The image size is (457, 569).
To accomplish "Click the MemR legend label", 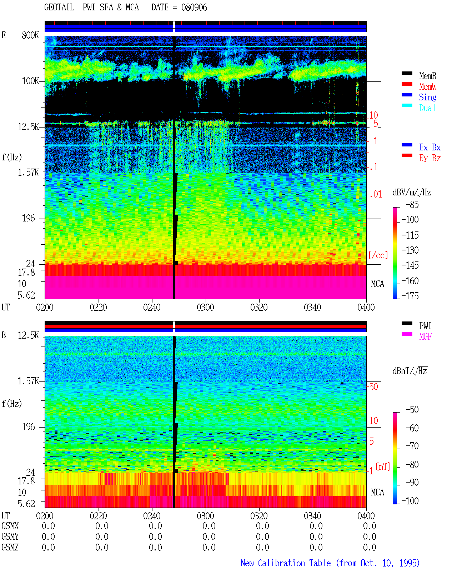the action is (427, 76).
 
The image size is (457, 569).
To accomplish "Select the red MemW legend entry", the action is (427, 86).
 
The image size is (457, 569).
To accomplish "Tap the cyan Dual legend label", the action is (427, 108).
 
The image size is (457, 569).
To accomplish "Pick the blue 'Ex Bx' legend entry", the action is (430, 147).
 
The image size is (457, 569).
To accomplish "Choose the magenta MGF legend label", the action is (425, 336).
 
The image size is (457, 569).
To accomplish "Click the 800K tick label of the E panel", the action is (30, 35).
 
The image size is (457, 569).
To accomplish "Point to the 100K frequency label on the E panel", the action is (30, 81).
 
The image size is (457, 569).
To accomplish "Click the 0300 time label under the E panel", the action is (205, 307).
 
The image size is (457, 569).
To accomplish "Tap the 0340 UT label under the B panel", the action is (312, 515).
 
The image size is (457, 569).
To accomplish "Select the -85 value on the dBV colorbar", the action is (412, 204).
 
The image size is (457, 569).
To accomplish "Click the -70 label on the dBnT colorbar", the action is (412, 446).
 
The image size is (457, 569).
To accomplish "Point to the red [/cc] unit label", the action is (378, 255).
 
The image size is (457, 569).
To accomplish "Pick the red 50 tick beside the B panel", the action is (373, 386).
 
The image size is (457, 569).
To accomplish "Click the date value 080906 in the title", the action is (194, 8).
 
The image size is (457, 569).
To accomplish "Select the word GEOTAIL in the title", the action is (59, 8).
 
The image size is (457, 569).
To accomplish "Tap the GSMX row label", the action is (10, 526).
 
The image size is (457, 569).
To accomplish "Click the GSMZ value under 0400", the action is (370, 547).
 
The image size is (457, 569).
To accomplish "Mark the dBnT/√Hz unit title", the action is (410, 371).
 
